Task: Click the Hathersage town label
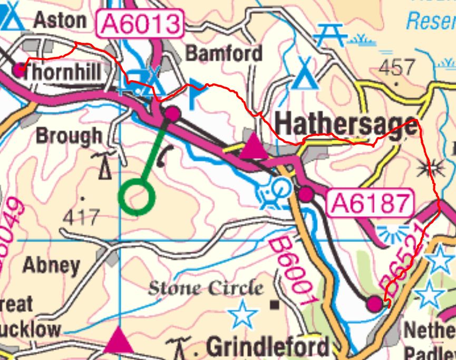coord(346,125)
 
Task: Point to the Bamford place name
coord(224,53)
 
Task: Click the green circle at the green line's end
coord(137,197)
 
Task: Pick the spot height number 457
coord(397,67)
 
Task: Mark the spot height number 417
coord(81,217)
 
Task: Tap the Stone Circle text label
coord(205,288)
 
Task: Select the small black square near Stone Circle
coord(274,305)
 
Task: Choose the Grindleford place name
coord(268,347)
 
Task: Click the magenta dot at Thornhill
coord(20,70)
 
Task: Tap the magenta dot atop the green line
coord(172,113)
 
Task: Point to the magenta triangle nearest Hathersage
coord(254,147)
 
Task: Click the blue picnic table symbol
coord(330,35)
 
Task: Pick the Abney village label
coord(51,265)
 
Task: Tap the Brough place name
coord(69,135)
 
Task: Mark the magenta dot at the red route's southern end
coord(374,303)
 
